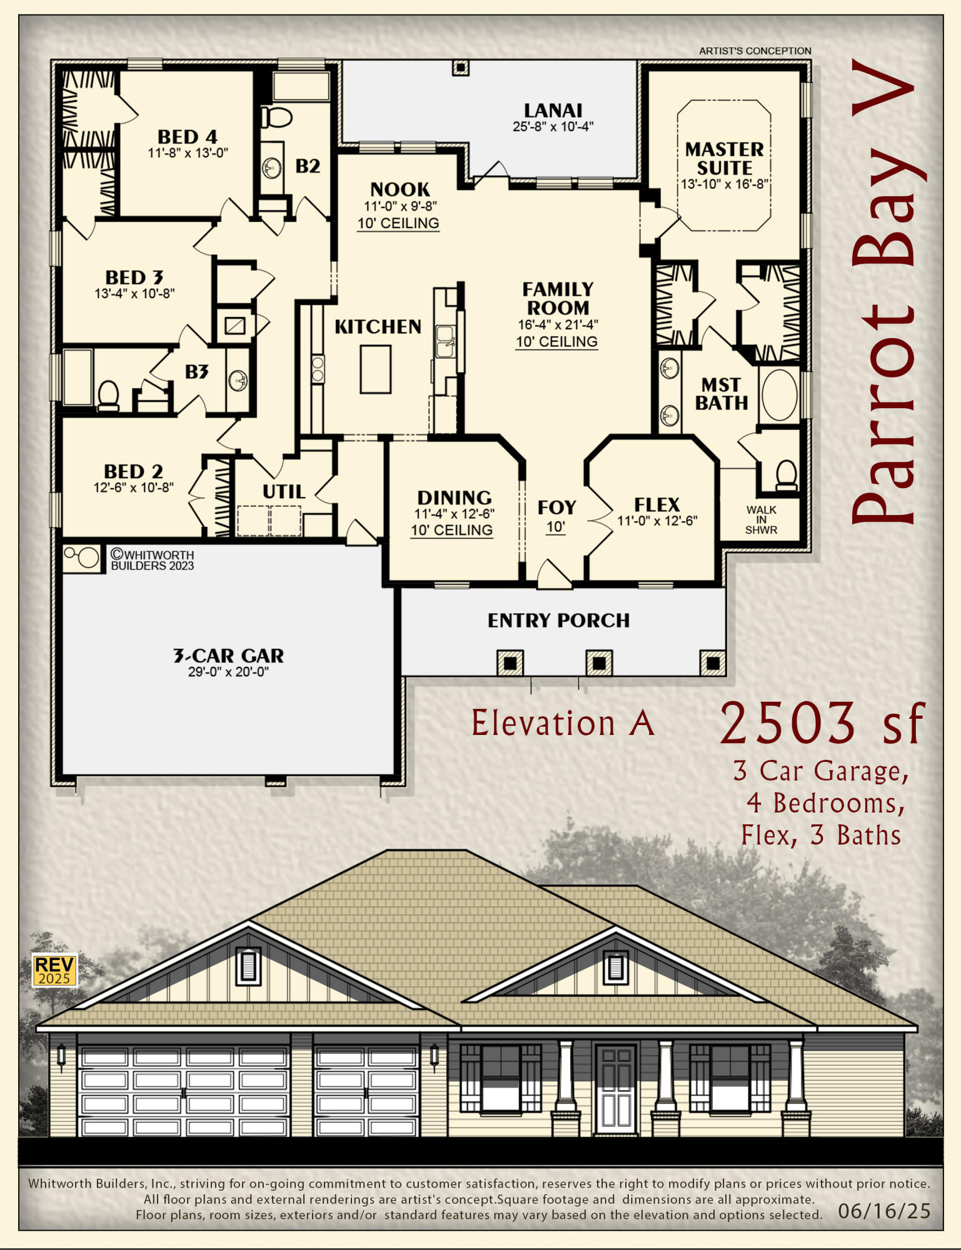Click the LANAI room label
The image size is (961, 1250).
point(553,111)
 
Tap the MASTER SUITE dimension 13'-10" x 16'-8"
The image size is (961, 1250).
point(725,185)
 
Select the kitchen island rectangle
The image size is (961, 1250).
point(376,369)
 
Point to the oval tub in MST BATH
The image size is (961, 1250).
point(779,395)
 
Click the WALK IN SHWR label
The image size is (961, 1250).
point(761,520)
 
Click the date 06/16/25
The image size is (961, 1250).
point(884,1211)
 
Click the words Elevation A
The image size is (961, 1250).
point(563,724)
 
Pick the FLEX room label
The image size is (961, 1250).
point(657,505)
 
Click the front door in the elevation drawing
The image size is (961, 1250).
point(616,1089)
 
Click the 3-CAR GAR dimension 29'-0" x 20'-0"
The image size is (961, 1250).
point(228,672)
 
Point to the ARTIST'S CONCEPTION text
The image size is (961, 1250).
point(755,51)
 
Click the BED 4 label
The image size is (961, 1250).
point(187,137)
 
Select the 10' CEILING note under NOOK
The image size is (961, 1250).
point(398,224)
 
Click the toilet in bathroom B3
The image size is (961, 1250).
point(109,395)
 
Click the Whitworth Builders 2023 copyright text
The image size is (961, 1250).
point(152,560)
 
